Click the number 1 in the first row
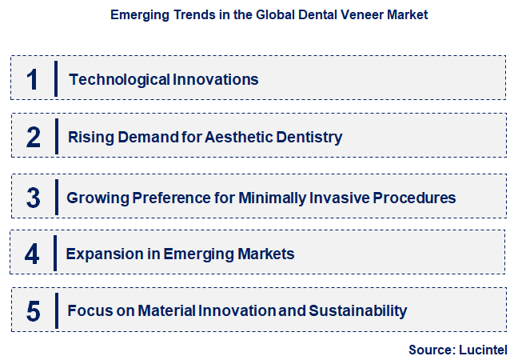(x=33, y=79)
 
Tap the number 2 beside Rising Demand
(x=33, y=137)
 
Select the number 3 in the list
(x=33, y=198)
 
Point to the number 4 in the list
(x=32, y=254)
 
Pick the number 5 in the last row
(x=33, y=310)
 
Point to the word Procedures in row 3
(x=416, y=198)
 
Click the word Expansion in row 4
(x=102, y=254)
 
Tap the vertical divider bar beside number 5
(x=56, y=310)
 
